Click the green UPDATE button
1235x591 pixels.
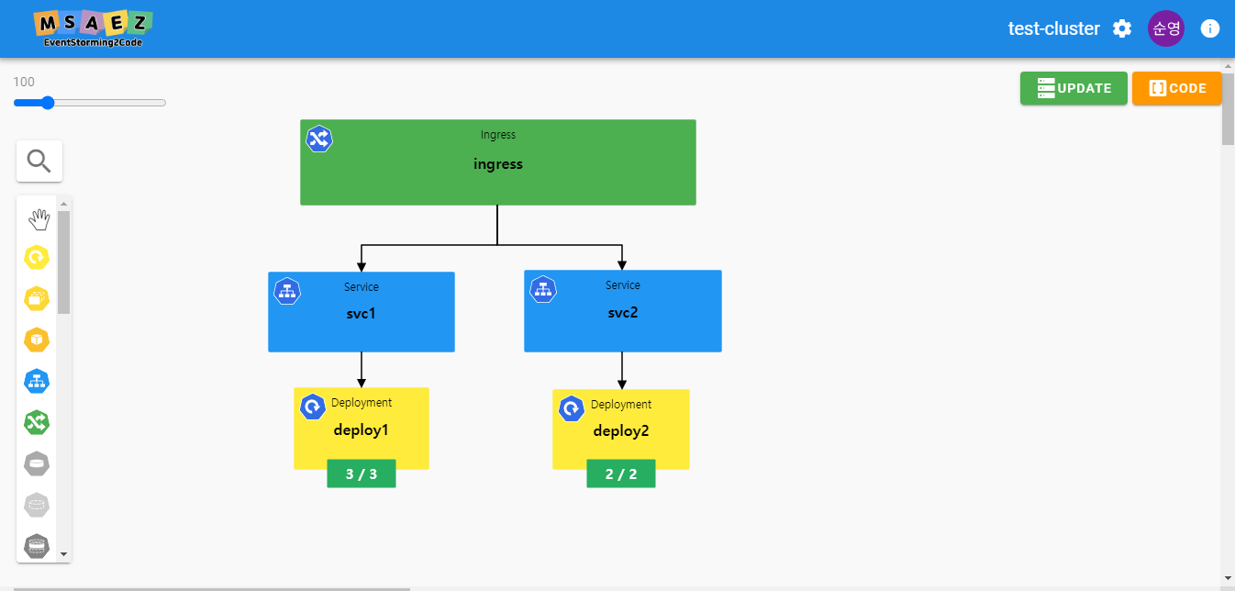pyautogui.click(x=1074, y=88)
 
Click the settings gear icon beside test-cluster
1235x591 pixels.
pyautogui.click(x=1122, y=28)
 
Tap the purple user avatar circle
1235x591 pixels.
pyautogui.click(x=1166, y=28)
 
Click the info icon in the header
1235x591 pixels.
pyautogui.click(x=1210, y=28)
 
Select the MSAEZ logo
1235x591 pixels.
pyautogui.click(x=93, y=28)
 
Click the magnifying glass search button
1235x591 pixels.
pyautogui.click(x=39, y=161)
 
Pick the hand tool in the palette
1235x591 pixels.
pyautogui.click(x=39, y=219)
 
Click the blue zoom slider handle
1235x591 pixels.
pyautogui.click(x=48, y=103)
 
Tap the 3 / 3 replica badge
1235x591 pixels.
pyautogui.click(x=362, y=474)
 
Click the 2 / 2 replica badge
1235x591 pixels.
pyautogui.click(x=621, y=474)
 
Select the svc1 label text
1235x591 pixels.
pyautogui.click(x=361, y=314)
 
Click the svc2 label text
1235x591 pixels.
pyautogui.click(x=622, y=313)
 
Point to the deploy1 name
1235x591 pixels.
pyautogui.click(x=361, y=430)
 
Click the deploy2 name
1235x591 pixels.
pyautogui.click(x=621, y=431)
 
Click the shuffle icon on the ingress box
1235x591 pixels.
pyautogui.click(x=319, y=139)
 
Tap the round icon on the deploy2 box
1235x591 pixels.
pyautogui.click(x=572, y=409)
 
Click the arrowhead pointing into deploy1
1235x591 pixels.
pyautogui.click(x=362, y=384)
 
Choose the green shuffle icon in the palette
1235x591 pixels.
pyautogui.click(x=37, y=423)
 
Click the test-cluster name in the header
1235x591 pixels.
pyautogui.click(x=1053, y=28)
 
